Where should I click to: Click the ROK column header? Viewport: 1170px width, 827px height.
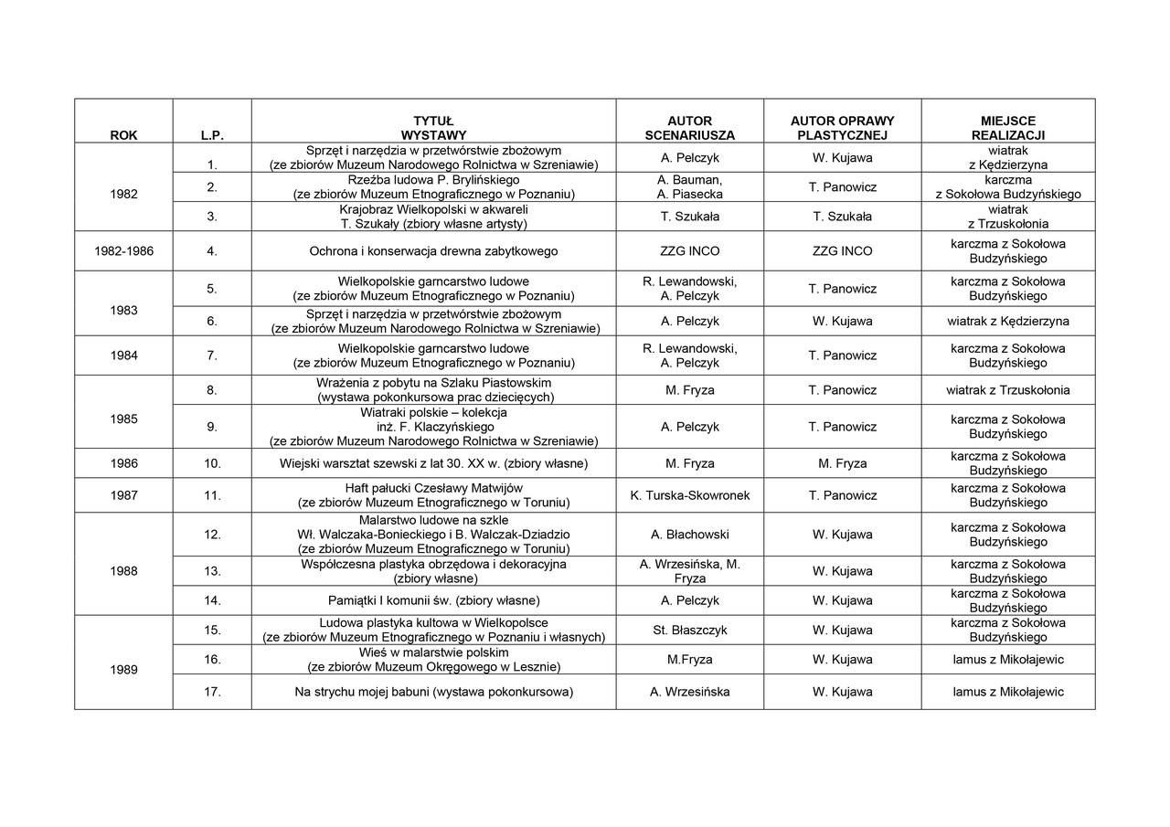(x=123, y=134)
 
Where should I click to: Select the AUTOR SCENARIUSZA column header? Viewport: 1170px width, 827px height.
(x=689, y=127)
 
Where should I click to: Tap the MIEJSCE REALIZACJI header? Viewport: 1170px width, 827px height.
(x=1007, y=127)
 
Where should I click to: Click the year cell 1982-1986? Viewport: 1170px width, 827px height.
(x=123, y=251)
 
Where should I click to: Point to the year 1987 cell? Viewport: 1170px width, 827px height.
(x=123, y=495)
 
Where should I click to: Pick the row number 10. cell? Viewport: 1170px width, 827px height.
(x=212, y=463)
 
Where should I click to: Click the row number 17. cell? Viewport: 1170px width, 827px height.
(x=212, y=692)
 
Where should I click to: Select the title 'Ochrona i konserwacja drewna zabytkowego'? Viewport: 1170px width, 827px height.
(x=433, y=251)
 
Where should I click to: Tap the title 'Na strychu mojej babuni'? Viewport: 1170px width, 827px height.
(x=433, y=692)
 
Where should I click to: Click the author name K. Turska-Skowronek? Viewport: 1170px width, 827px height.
(x=689, y=495)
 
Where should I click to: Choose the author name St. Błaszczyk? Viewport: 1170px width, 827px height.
(x=689, y=630)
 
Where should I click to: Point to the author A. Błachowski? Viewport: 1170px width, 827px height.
(x=689, y=535)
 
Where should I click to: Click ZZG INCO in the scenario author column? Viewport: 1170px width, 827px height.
(x=689, y=251)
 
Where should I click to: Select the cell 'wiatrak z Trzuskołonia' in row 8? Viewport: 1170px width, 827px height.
(x=1007, y=390)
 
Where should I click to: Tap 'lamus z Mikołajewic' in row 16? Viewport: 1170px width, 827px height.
(x=1007, y=659)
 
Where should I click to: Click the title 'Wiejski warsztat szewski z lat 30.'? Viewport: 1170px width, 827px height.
(x=433, y=463)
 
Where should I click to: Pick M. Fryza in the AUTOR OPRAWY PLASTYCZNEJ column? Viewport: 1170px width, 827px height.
(x=842, y=463)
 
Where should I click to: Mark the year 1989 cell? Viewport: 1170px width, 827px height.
(x=123, y=670)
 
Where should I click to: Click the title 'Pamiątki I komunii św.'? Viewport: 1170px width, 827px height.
(x=433, y=600)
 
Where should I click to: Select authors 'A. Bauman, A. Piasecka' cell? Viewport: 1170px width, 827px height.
(x=689, y=186)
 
